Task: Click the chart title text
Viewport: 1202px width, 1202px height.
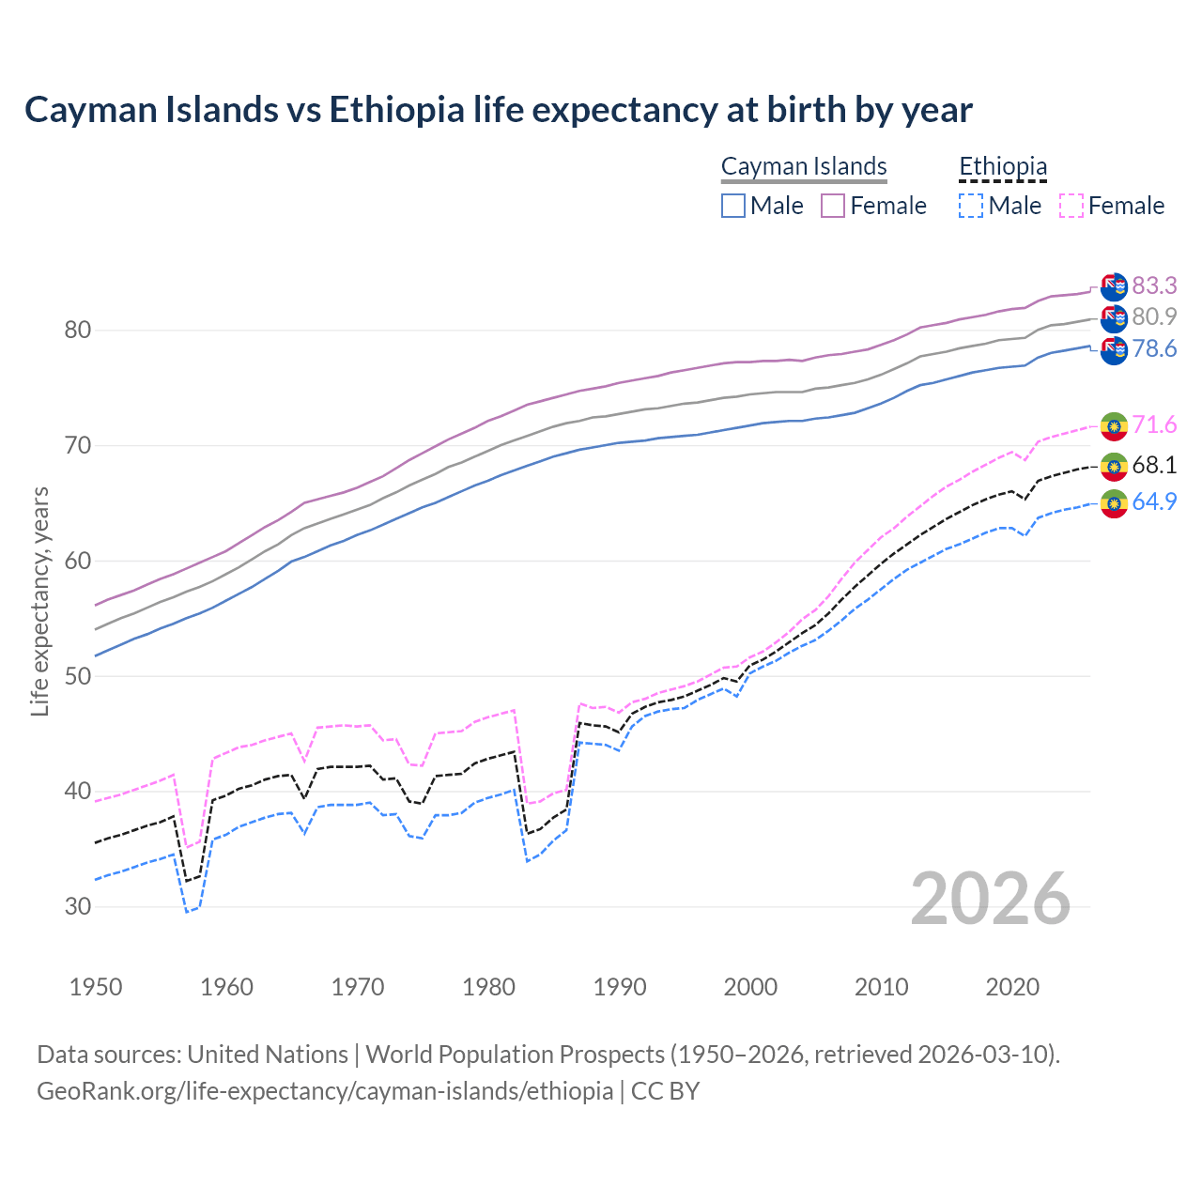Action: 498,110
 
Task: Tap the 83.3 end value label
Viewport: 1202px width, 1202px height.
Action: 1154,285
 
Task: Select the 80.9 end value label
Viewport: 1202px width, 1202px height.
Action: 1154,317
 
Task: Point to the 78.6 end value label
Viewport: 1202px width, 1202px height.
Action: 1154,349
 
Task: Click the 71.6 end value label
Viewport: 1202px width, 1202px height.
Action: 1154,425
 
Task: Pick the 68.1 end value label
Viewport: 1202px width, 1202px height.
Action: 1154,466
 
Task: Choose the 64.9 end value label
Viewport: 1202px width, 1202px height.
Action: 1154,502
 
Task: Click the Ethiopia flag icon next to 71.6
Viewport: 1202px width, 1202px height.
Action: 1114,426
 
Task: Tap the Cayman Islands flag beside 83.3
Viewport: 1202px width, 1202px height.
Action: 1114,286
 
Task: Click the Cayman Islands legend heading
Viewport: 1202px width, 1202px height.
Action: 804,167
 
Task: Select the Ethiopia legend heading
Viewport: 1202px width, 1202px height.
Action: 1003,167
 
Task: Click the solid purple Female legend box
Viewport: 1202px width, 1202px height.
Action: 833,206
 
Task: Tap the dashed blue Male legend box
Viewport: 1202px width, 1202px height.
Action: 971,206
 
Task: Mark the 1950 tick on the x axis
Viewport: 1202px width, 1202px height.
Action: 96,987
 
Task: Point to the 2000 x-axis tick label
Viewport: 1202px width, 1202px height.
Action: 750,987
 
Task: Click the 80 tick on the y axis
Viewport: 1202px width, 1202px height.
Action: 78,331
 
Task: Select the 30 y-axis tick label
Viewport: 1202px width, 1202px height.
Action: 78,907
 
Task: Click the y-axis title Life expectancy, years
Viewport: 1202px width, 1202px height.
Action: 40,601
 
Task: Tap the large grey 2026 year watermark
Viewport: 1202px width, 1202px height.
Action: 990,899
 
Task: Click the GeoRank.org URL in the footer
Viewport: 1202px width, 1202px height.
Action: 325,1091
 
